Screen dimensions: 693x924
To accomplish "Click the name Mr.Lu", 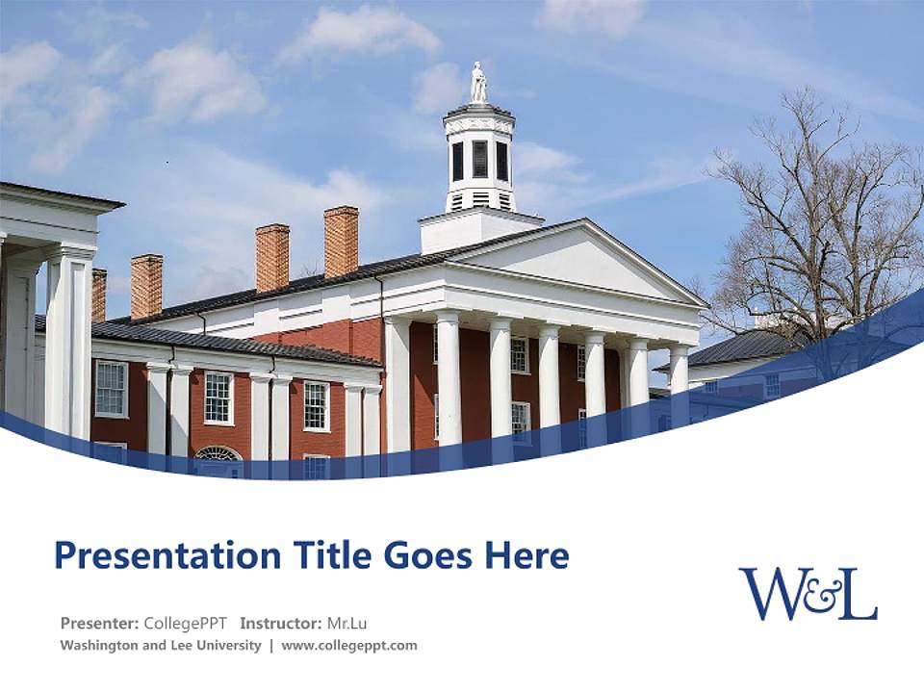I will (346, 623).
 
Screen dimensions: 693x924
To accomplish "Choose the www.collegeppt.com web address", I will (349, 646).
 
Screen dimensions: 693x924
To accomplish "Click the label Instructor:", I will (280, 623).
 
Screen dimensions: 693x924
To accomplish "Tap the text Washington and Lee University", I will (161, 646).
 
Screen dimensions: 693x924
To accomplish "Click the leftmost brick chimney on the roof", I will (99, 295).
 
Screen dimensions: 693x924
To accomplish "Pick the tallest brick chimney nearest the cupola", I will (341, 241).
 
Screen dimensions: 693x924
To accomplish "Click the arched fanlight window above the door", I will (218, 453).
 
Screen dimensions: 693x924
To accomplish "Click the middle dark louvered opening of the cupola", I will (479, 160).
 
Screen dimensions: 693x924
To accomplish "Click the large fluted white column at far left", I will (69, 346).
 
